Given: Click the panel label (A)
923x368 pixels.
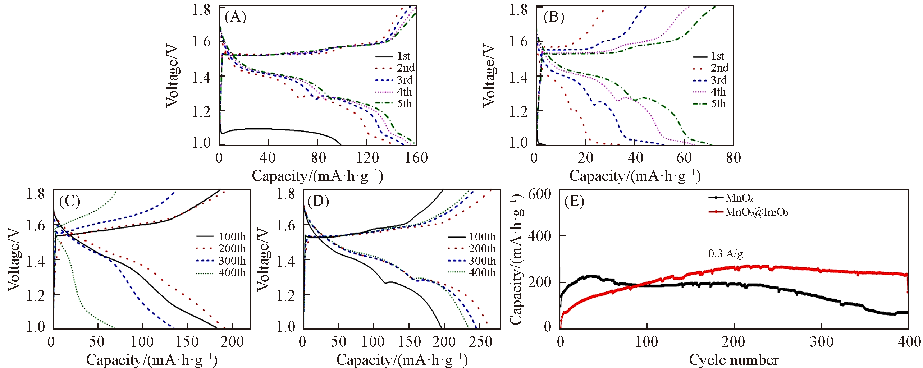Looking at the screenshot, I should click(x=235, y=17).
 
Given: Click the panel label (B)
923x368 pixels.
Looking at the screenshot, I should click(x=554, y=17).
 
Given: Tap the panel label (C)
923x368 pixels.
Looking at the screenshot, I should click(x=69, y=202).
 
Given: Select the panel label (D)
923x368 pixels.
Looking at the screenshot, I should click(x=318, y=202).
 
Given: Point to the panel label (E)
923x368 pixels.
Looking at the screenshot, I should click(x=574, y=202).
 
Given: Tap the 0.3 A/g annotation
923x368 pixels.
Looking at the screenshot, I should click(x=725, y=254).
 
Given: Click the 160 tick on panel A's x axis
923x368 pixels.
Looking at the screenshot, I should click(x=416, y=158).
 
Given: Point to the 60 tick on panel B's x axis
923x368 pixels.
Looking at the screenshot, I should click(x=684, y=158).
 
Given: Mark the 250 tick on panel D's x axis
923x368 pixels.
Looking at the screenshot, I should click(x=481, y=342).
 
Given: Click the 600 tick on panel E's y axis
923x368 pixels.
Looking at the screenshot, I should click(x=540, y=194).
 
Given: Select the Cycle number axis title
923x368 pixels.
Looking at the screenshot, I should click(x=734, y=360).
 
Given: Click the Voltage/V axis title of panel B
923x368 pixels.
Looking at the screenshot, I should click(x=489, y=76).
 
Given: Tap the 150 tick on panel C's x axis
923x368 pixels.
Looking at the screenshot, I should click(x=187, y=342).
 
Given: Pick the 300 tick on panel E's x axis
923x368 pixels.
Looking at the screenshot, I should click(x=821, y=342).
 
